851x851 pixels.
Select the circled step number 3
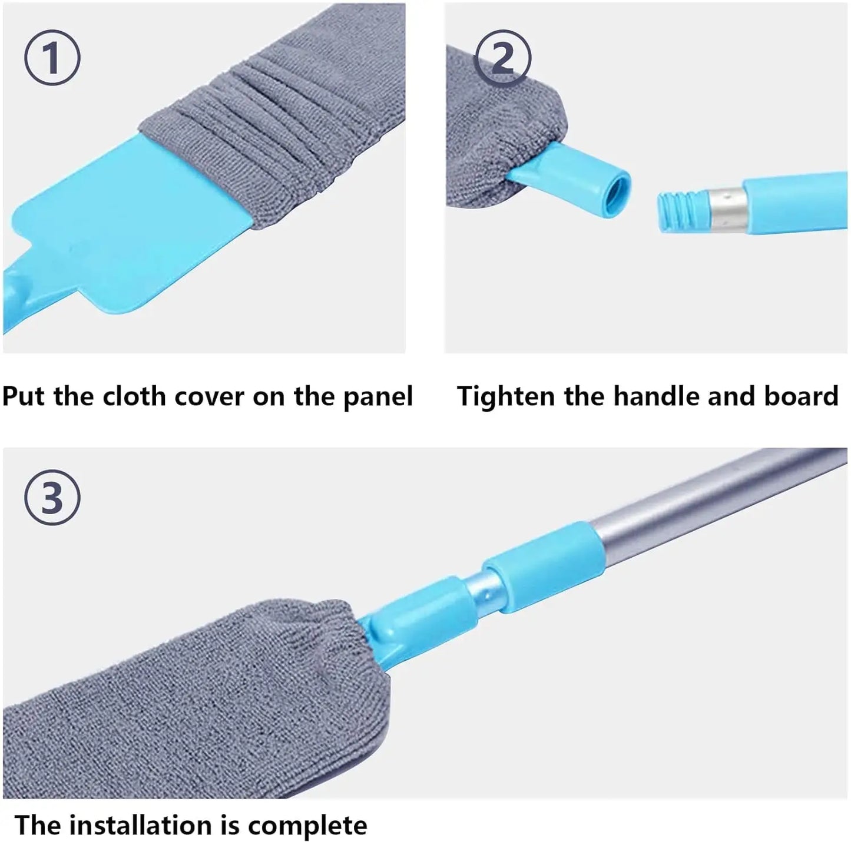coord(52,498)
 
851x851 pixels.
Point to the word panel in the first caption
coord(378,397)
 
